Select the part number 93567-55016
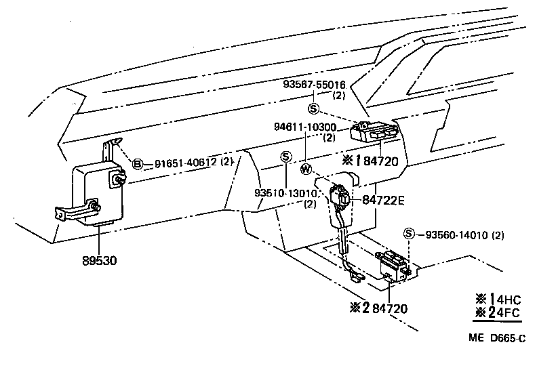[x=314, y=85]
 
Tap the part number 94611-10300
[x=304, y=127]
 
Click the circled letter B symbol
[x=138, y=163]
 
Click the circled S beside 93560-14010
[x=408, y=234]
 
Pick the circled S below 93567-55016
[x=313, y=108]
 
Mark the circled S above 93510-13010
[x=285, y=157]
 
